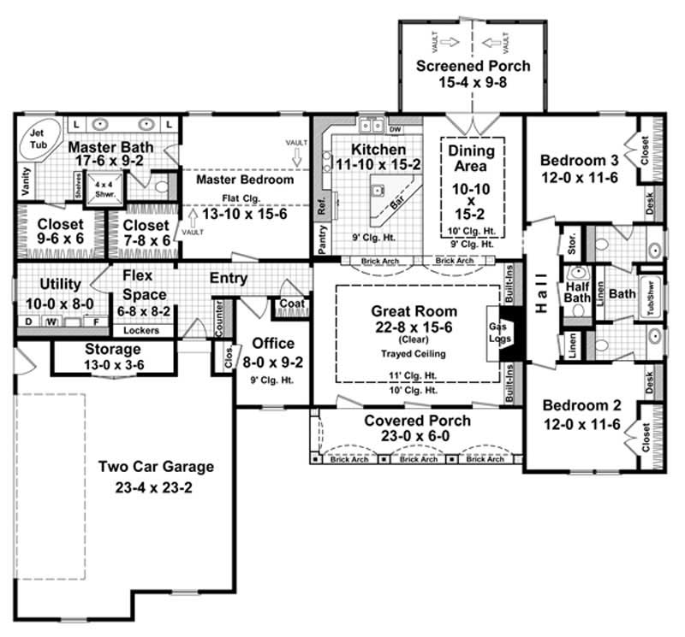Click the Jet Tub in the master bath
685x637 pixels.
[x=38, y=138]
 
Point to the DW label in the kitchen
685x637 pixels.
[x=395, y=129]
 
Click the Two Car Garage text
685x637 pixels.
[x=155, y=467]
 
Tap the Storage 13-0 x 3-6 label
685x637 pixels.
[x=113, y=357]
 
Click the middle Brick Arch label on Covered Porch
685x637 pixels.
[x=419, y=459]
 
